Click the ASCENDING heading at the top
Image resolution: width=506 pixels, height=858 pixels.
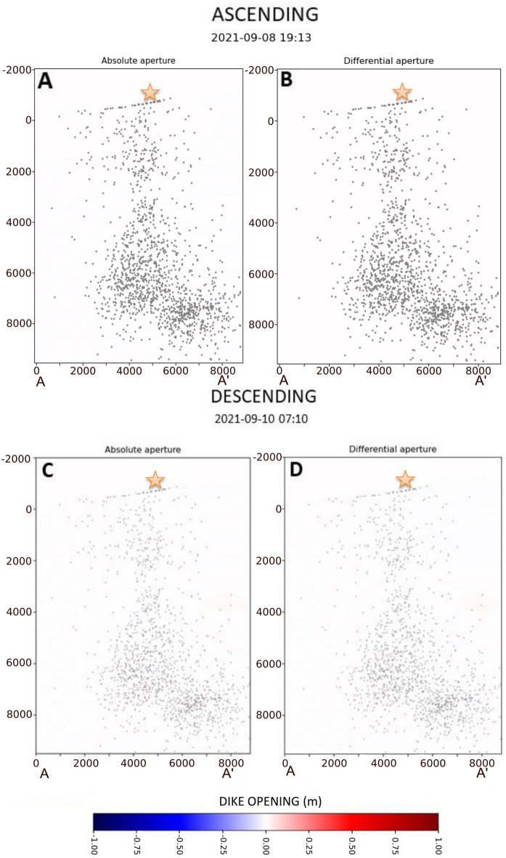click(x=253, y=15)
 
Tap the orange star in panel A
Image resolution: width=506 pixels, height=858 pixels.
click(x=150, y=92)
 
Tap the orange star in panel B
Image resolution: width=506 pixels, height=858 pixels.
click(x=401, y=92)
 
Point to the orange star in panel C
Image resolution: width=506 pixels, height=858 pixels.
click(x=155, y=479)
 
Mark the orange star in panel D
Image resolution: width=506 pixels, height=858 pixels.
click(x=405, y=479)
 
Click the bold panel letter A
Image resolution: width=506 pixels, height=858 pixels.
click(x=46, y=82)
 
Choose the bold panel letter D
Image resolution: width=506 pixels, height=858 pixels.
click(x=296, y=471)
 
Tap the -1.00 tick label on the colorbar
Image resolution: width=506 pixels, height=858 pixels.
click(x=95, y=846)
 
